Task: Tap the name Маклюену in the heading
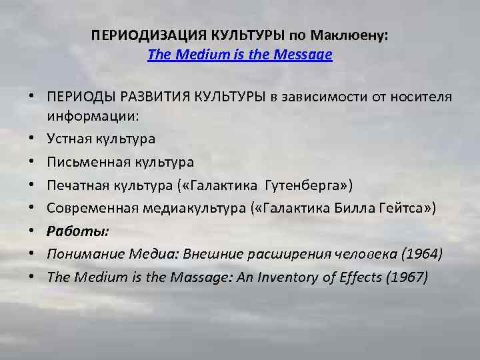357,35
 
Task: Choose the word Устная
69,139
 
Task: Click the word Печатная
77,185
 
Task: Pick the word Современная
91,209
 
